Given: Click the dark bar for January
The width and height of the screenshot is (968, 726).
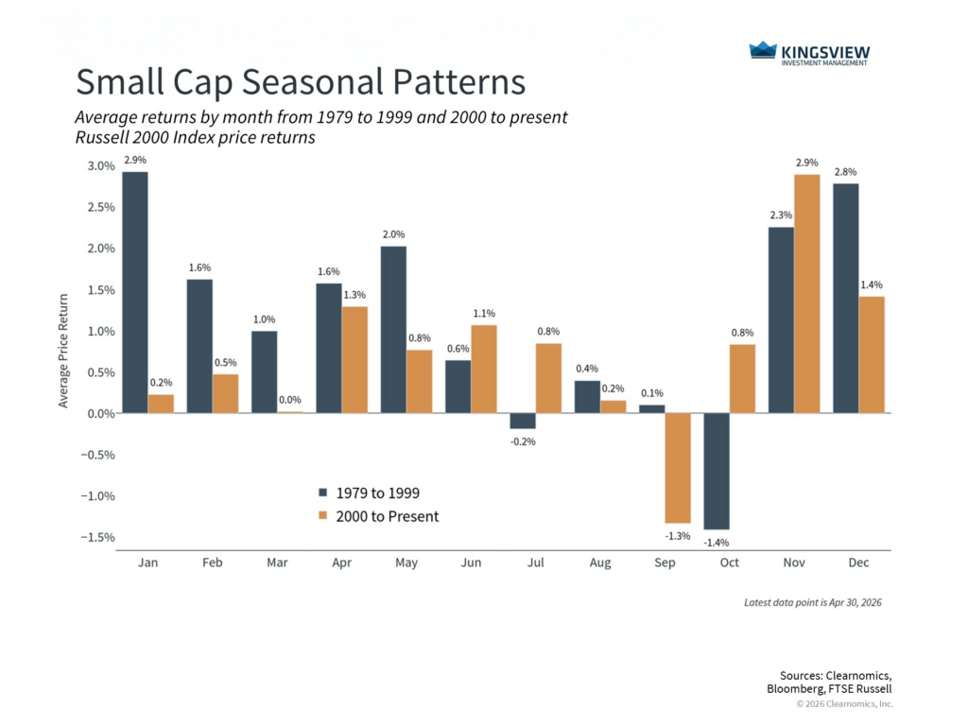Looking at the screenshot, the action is (x=135, y=293).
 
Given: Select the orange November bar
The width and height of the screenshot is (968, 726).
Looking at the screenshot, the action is (x=807, y=294).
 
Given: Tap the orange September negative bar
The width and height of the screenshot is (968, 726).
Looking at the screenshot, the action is (x=678, y=468).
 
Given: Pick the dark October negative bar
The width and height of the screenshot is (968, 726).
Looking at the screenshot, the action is (x=717, y=471).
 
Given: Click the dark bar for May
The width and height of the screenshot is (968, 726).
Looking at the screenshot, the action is (x=393, y=330).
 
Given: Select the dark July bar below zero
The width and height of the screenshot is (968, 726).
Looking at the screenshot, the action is (x=523, y=421).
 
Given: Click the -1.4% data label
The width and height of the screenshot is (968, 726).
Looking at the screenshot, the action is (x=717, y=543).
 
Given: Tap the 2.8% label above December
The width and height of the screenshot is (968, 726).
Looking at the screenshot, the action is (x=846, y=172).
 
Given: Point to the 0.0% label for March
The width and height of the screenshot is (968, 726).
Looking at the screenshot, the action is (x=290, y=400).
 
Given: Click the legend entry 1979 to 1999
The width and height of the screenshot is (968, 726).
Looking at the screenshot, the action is (x=370, y=493).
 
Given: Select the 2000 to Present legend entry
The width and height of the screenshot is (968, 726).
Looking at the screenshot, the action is (x=378, y=516).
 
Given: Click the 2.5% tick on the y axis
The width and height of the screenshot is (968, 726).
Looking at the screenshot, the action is (x=101, y=207).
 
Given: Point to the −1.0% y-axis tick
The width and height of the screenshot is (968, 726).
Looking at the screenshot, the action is (x=97, y=495).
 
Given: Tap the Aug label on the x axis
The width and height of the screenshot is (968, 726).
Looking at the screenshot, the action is (x=600, y=562).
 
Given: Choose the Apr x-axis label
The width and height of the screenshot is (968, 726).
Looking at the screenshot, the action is (x=342, y=562).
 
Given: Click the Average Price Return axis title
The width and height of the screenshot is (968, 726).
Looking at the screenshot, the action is (x=63, y=351).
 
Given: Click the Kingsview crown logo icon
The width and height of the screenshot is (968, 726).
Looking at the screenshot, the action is (x=763, y=50).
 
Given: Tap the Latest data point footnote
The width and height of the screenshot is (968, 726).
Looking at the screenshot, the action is (x=812, y=602).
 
